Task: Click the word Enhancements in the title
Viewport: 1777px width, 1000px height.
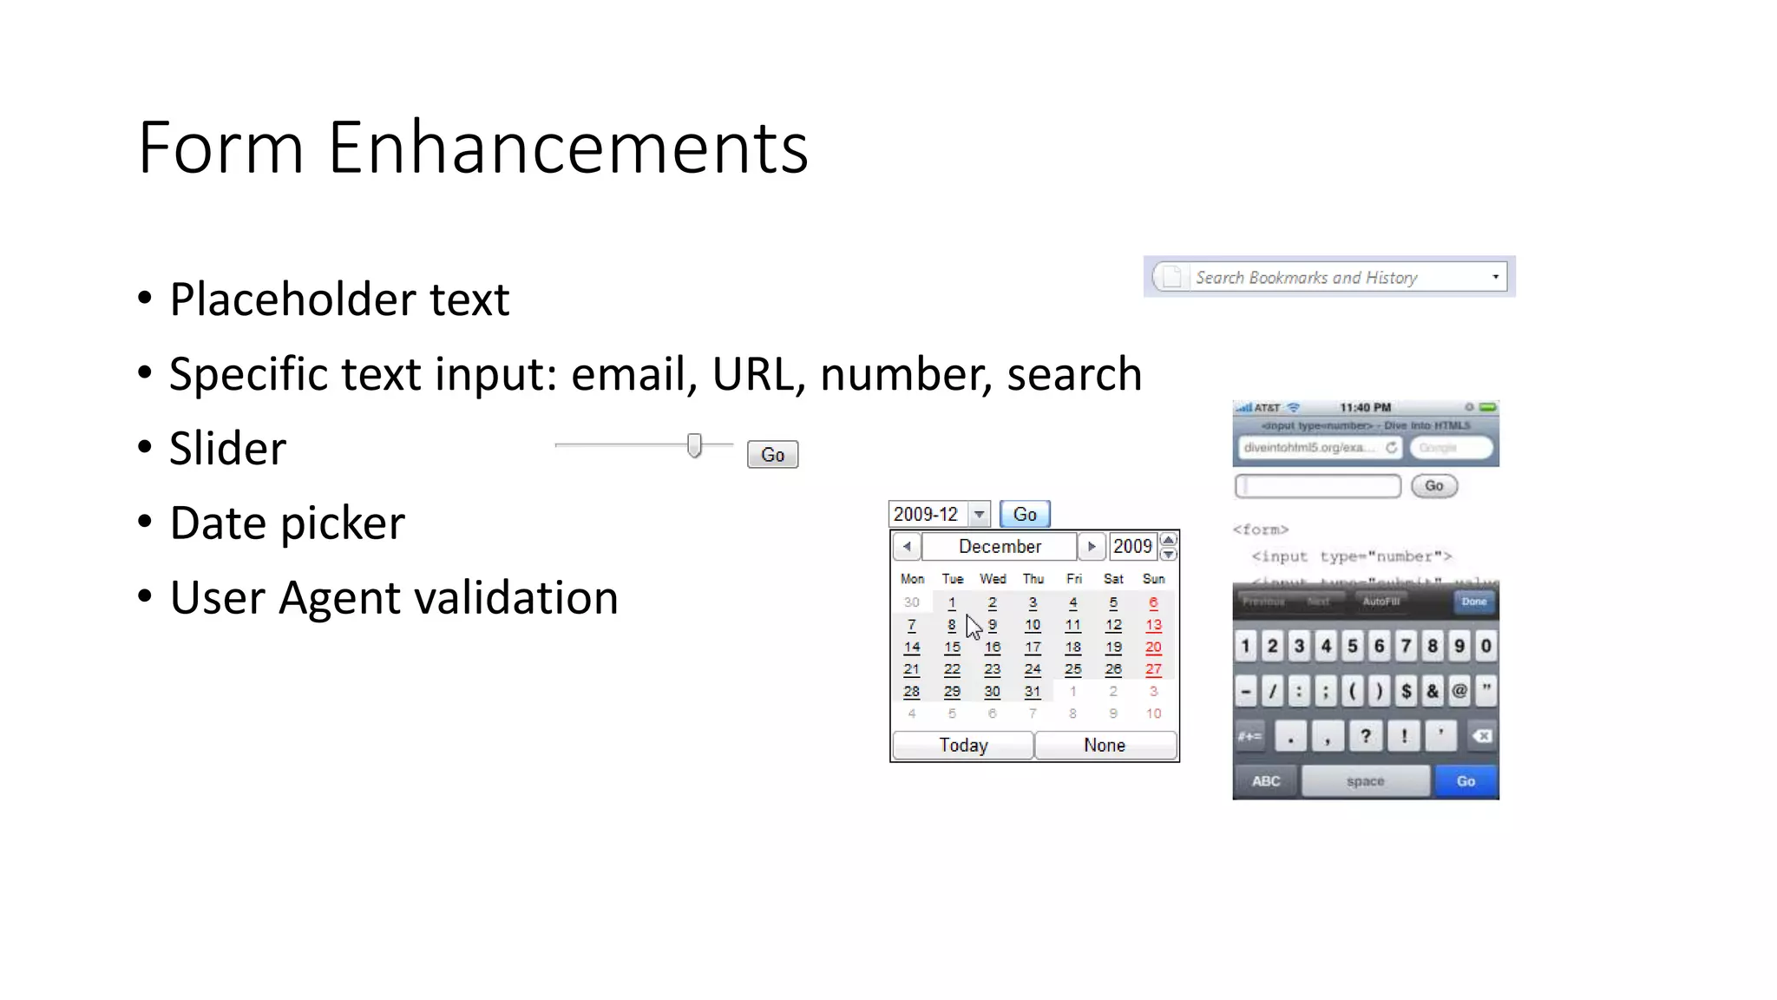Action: click(567, 148)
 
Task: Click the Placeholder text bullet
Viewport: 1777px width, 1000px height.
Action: click(338, 299)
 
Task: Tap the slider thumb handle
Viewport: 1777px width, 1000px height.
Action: click(694, 445)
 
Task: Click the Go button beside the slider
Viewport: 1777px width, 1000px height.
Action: click(772, 455)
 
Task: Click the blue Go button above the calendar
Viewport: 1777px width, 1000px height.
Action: click(1025, 514)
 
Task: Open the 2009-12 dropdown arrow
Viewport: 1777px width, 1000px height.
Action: click(979, 514)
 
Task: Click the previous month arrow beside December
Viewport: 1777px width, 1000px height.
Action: click(907, 546)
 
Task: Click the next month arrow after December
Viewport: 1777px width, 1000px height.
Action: click(1092, 546)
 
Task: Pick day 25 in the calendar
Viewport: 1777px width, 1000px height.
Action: click(1073, 669)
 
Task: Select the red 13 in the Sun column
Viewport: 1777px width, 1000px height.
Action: click(1153, 625)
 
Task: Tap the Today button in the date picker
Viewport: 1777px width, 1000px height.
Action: click(963, 745)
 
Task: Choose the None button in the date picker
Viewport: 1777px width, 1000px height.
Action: click(1105, 745)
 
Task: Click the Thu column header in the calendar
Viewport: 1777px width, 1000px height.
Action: click(1033, 579)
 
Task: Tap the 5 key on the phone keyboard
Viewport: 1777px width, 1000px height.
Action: click(1353, 646)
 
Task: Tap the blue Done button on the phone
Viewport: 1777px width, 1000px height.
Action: click(1473, 601)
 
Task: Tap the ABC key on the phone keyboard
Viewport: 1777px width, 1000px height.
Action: click(1266, 781)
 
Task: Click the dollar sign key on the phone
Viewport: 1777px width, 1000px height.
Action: click(1407, 691)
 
